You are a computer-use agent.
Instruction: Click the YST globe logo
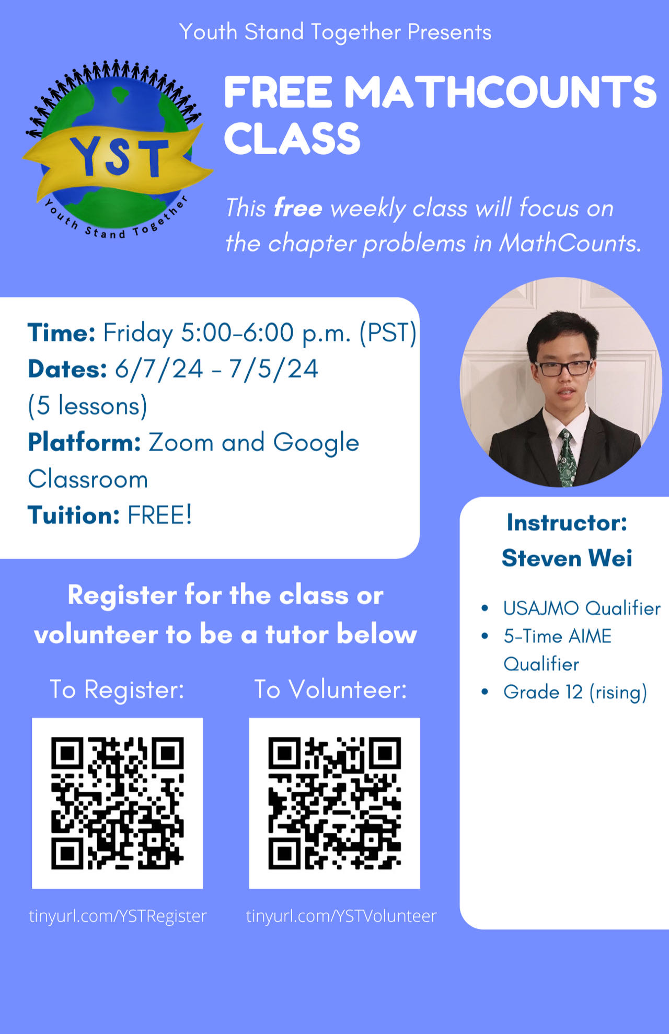pos(117,149)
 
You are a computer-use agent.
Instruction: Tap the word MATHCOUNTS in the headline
pos(500,92)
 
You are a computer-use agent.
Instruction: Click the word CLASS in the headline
pos(292,138)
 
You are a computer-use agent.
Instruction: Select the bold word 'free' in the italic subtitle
pos(298,208)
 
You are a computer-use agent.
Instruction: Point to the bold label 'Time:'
pos(62,332)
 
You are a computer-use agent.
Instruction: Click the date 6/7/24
pos(159,369)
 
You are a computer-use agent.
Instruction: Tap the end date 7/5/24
pos(273,369)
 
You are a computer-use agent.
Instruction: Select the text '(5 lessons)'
pos(88,406)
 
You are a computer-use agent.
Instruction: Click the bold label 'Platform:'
pos(85,442)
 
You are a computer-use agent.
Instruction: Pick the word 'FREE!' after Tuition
pos(160,515)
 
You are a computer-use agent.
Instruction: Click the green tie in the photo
pos(566,457)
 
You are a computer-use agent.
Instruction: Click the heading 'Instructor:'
pos(567,523)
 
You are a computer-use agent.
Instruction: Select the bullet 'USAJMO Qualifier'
pos(582,608)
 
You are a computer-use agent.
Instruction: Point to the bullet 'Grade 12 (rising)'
pos(575,692)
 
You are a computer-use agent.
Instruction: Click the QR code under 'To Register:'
pos(118,803)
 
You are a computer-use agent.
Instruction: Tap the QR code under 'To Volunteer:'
pos(334,803)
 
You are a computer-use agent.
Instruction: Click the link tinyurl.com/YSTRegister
pos(118,916)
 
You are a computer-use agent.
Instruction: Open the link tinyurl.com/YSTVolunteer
pos(341,916)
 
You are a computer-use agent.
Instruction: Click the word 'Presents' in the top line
pos(449,32)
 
